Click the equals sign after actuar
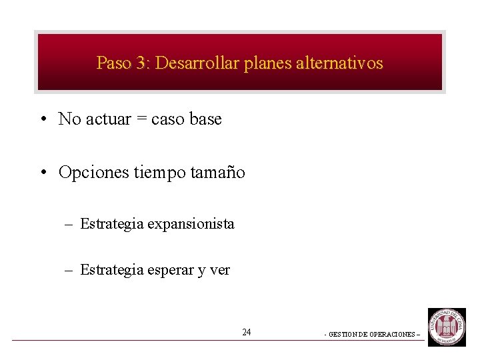click(141, 120)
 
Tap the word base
click(205, 119)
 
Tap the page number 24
click(247, 332)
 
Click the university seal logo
click(447, 327)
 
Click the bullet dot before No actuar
click(42, 120)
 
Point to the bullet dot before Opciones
click(42, 173)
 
